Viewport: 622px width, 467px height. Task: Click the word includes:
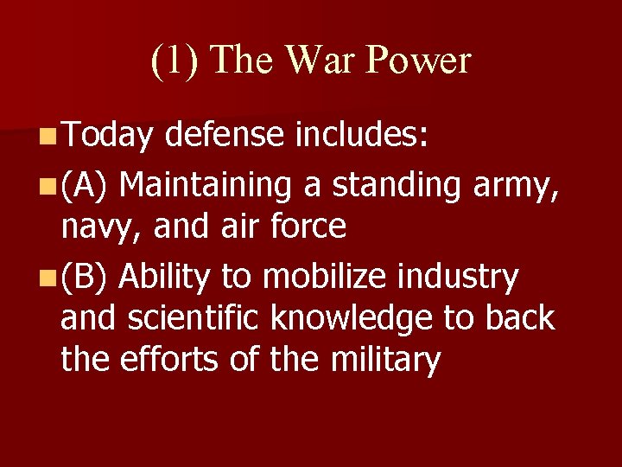363,135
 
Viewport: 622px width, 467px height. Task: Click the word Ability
165,277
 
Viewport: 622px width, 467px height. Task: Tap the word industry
464,277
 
